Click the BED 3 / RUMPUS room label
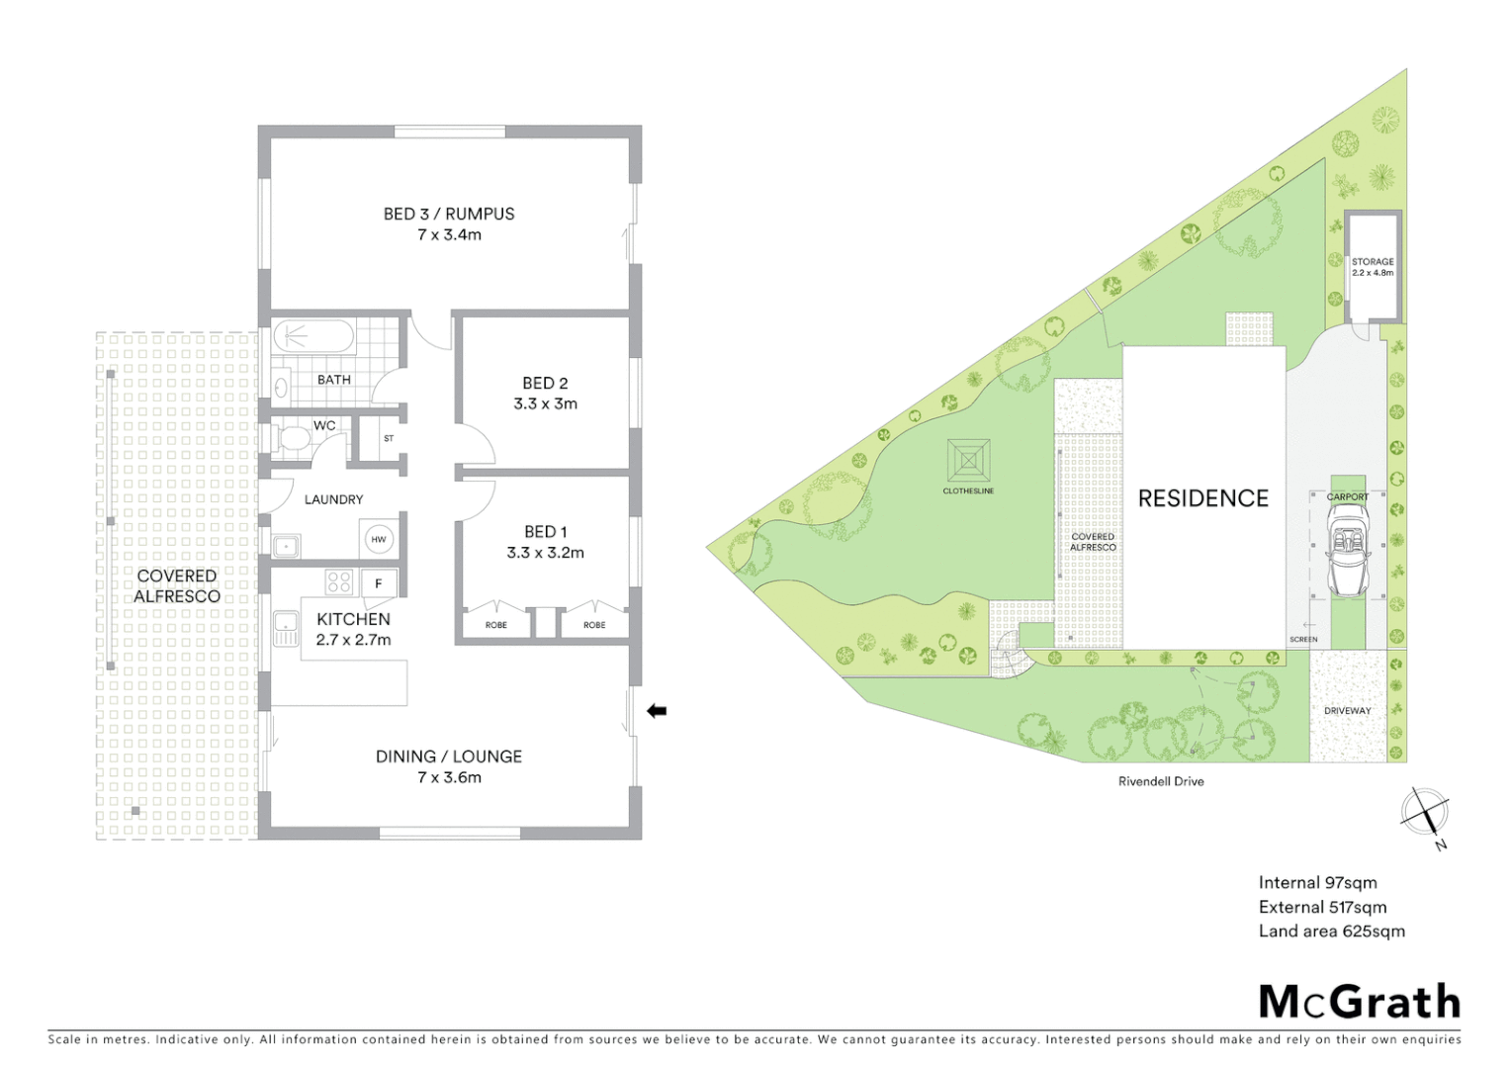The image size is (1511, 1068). [449, 214]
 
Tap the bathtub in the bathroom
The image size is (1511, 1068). [313, 336]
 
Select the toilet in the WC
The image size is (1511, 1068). [294, 437]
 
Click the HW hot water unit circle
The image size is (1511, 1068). [379, 539]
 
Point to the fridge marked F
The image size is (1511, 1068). [379, 583]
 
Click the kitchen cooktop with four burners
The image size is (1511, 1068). [339, 582]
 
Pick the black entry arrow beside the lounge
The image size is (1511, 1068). [657, 710]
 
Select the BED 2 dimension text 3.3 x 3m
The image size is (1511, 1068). [545, 403]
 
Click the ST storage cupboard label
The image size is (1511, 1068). [389, 438]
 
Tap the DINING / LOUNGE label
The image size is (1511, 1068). [449, 756]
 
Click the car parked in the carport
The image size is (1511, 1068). [1348, 550]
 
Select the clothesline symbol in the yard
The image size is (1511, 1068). [968, 461]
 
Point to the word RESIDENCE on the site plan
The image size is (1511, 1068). [1202, 498]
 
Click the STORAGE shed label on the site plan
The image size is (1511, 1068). [1373, 262]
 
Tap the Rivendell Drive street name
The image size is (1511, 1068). [1161, 781]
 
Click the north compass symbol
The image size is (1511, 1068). [1425, 814]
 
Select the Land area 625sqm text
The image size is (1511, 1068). [1331, 931]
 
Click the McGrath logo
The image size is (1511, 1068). [1359, 1002]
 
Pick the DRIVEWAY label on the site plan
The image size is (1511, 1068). [1347, 710]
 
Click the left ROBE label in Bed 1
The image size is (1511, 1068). [496, 625]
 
